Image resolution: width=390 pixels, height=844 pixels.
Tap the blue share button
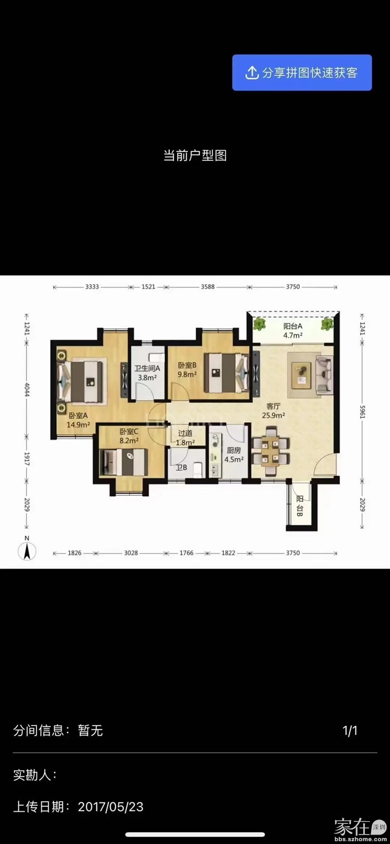coord(302,72)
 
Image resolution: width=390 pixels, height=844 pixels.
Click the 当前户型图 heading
coord(195,155)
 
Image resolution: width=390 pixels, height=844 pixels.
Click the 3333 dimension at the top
coord(92,287)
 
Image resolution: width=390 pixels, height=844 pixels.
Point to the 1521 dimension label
coord(148,287)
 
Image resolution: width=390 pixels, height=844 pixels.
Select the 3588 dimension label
coord(207,287)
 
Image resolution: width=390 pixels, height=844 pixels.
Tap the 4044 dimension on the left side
coord(27,389)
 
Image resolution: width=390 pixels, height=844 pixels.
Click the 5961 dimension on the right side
coord(363,412)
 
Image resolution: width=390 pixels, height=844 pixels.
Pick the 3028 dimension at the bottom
coord(131,553)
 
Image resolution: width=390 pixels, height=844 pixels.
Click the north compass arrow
coord(27,551)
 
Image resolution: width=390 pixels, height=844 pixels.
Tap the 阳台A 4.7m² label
coord(292,331)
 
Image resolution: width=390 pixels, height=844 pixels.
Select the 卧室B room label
coord(187,365)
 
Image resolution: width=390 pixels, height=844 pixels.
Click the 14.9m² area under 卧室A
coord(78,425)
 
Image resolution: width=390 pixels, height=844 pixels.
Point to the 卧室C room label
coord(129,431)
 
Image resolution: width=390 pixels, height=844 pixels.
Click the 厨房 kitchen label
coord(234,450)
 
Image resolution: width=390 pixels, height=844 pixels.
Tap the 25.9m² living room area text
coord(274,416)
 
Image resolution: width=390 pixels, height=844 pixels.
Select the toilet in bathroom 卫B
coord(198,469)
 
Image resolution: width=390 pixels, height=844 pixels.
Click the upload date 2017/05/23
coord(110,807)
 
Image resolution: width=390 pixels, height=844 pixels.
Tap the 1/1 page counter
coord(350,731)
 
